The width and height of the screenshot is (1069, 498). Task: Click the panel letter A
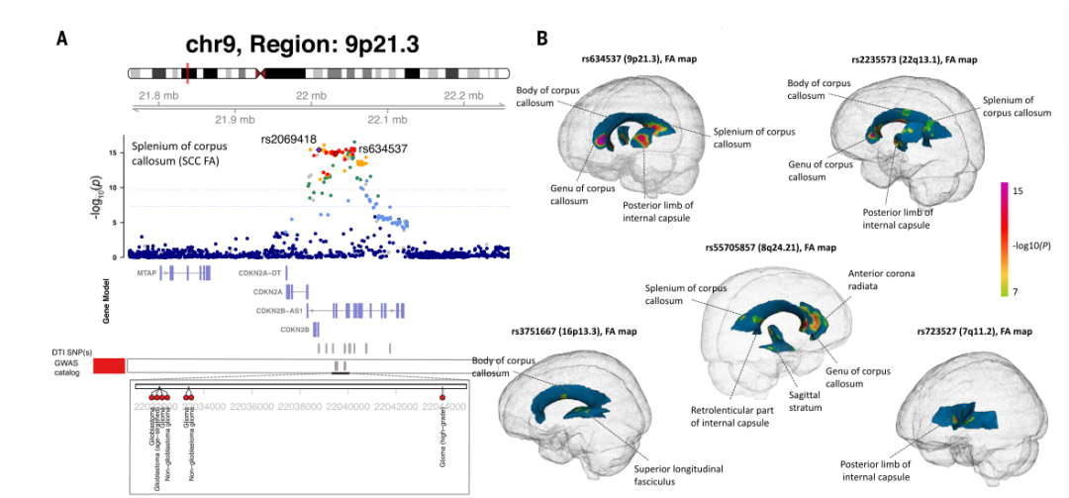click(62, 39)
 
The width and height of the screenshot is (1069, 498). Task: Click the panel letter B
click(542, 39)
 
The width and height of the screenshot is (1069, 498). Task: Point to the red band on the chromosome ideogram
click(187, 73)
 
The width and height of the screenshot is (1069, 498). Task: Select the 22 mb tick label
click(311, 95)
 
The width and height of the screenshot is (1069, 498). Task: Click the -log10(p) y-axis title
click(98, 197)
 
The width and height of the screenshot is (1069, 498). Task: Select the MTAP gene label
click(146, 270)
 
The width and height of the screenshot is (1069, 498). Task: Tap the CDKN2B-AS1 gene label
click(278, 310)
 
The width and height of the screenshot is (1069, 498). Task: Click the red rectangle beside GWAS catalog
click(109, 366)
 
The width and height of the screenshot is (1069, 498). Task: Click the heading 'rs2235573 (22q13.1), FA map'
click(914, 59)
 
